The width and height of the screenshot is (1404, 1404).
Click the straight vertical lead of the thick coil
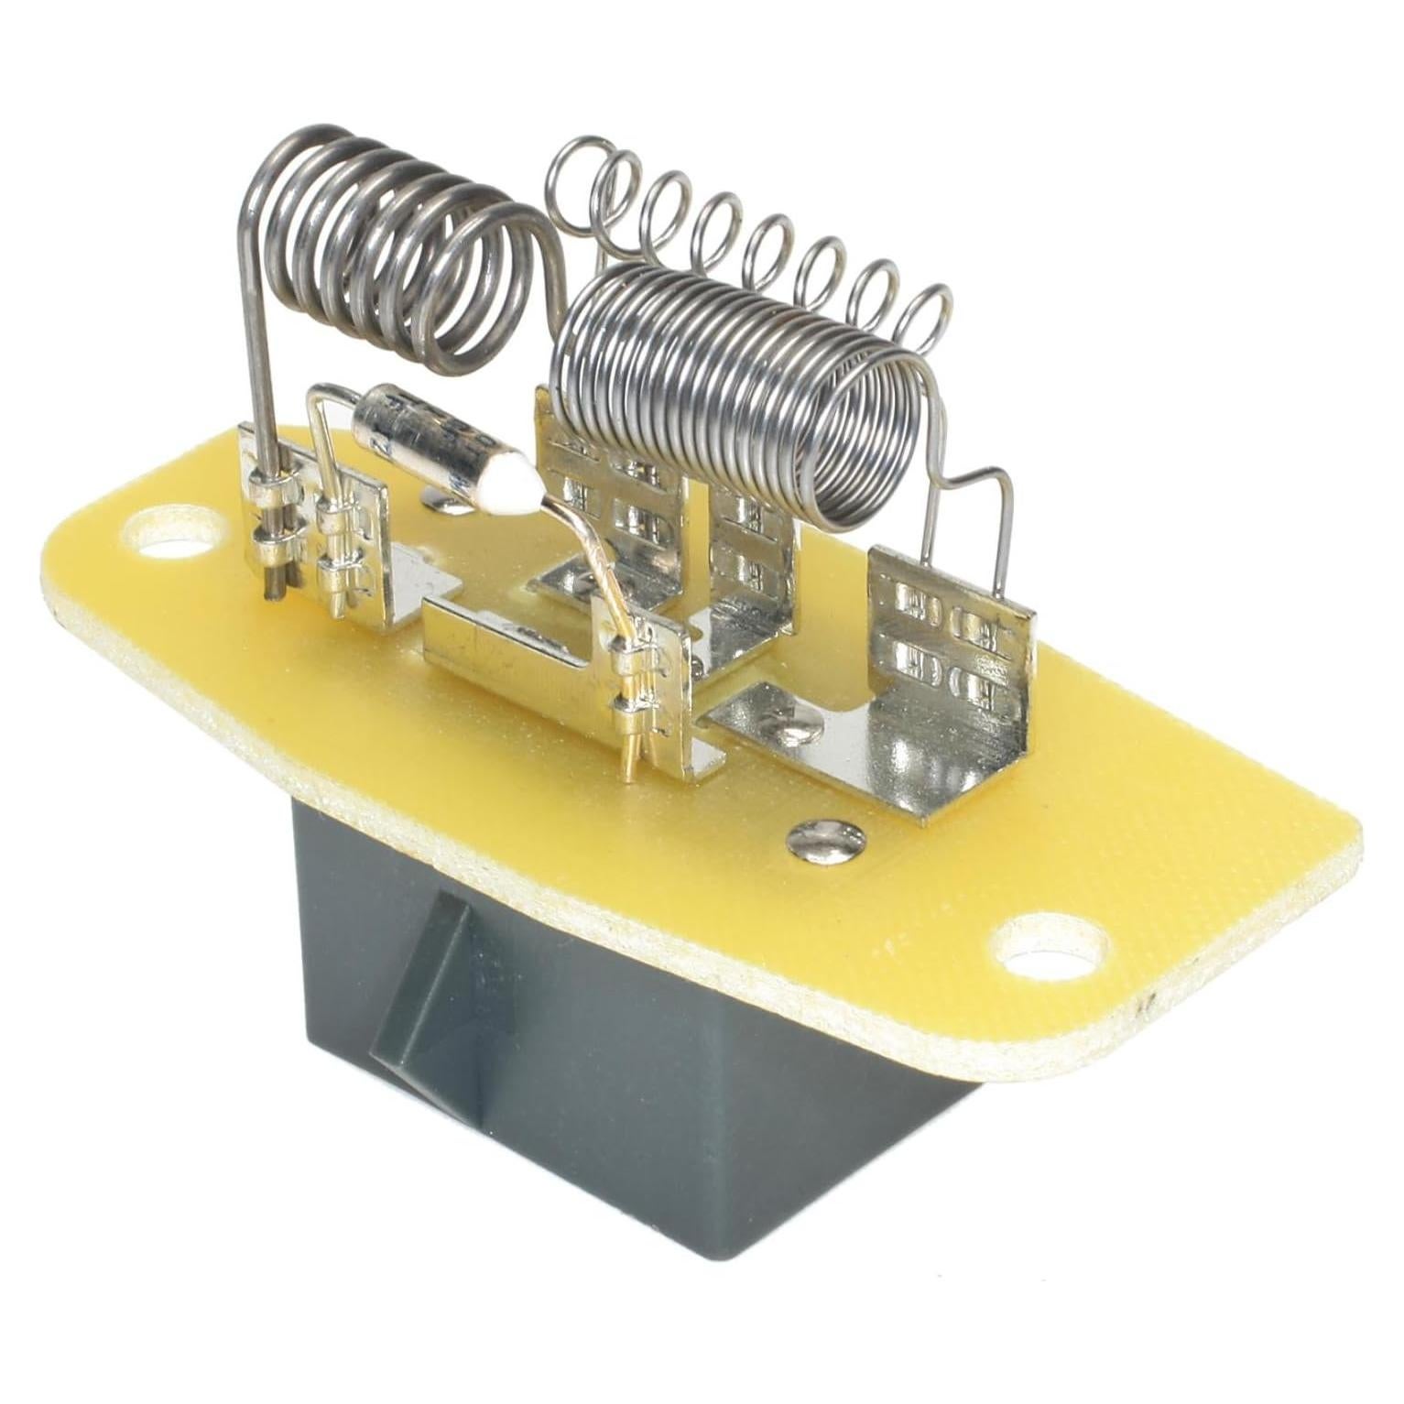coord(259,366)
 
